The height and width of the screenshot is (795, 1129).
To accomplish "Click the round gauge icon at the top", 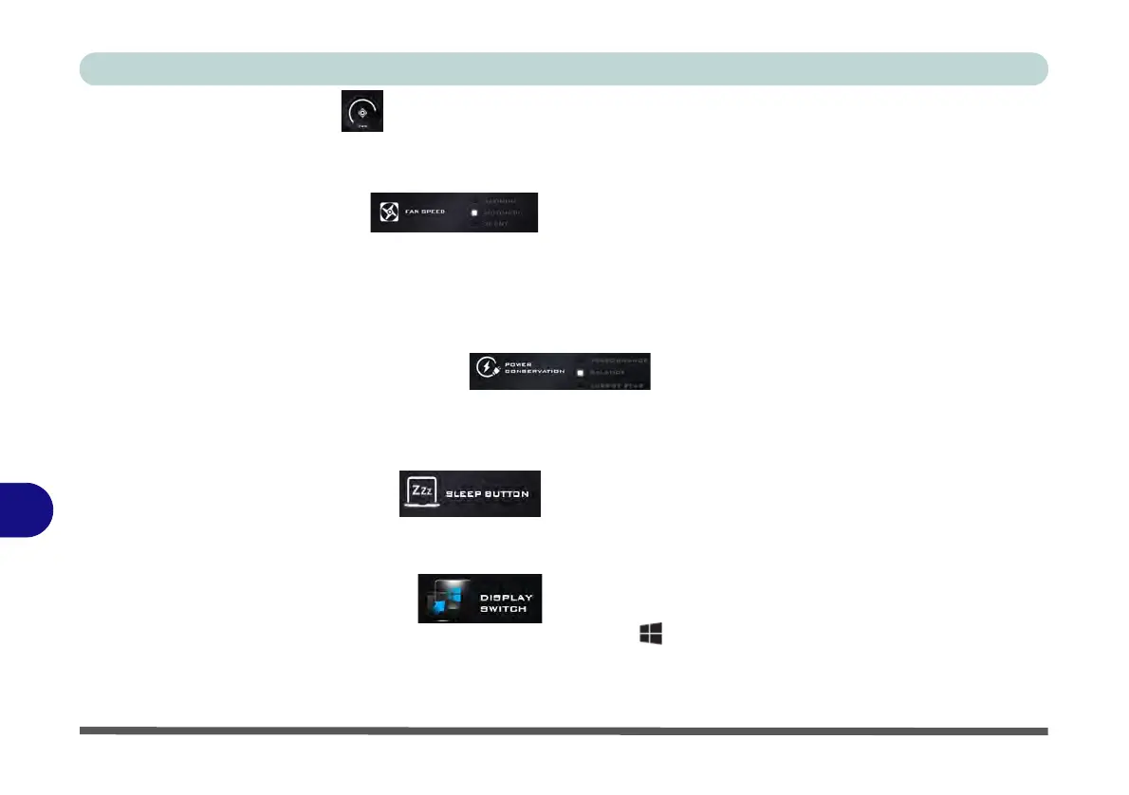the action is tap(362, 111).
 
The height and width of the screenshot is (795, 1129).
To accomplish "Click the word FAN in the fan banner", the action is tap(414, 213).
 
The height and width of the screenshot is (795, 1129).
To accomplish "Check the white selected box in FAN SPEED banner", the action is tap(473, 213).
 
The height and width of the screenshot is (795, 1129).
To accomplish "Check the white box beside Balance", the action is tap(580, 373).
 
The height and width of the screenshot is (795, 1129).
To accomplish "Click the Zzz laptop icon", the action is tap(420, 493).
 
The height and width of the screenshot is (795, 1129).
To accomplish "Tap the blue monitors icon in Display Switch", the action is tap(447, 599).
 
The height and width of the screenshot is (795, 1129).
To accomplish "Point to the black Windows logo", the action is tap(650, 635).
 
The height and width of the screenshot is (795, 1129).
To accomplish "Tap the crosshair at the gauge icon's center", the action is tap(362, 110).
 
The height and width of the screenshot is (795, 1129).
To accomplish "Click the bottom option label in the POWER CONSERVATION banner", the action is tap(617, 385).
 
